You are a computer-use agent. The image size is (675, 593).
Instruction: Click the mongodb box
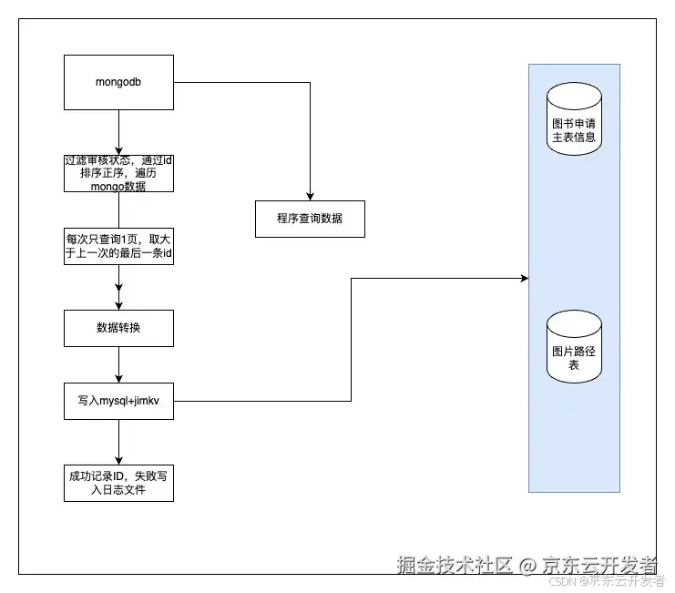[x=118, y=82]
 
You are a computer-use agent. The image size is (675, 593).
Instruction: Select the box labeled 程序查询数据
[x=310, y=219]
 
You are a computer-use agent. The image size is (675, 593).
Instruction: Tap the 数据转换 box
[x=118, y=328]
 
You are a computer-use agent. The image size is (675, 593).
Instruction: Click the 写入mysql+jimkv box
[x=118, y=401]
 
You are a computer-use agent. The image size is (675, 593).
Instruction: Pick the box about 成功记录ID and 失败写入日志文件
[x=118, y=483]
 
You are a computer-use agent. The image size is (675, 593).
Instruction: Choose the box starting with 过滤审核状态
[x=118, y=173]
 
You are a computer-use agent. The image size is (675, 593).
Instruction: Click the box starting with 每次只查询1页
[x=118, y=246]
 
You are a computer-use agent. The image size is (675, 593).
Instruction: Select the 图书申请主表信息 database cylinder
[x=574, y=118]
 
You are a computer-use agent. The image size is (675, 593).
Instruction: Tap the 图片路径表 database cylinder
[x=574, y=346]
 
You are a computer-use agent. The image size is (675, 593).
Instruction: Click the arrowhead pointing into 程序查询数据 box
[x=311, y=196]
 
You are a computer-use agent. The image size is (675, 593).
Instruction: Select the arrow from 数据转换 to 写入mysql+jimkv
[x=118, y=364]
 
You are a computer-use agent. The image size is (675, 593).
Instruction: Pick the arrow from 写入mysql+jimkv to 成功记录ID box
[x=118, y=442]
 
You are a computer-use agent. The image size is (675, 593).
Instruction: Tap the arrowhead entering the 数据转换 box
[x=118, y=305]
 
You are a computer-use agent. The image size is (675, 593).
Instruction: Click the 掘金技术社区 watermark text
[x=455, y=565]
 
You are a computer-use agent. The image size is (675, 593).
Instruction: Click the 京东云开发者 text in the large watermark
[x=600, y=565]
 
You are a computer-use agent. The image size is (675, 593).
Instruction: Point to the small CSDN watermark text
[x=567, y=581]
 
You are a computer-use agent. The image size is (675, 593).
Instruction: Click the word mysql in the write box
[x=116, y=401]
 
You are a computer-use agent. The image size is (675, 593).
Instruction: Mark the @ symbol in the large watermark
[x=527, y=566]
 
